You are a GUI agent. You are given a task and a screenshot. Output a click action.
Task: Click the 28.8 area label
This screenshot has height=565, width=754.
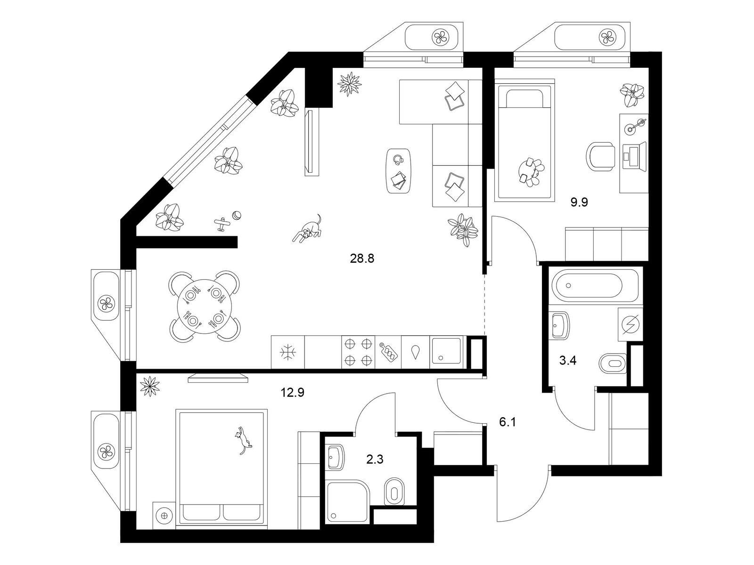pyautogui.click(x=362, y=258)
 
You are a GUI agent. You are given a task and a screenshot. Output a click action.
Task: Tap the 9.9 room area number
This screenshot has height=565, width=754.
pyautogui.click(x=579, y=202)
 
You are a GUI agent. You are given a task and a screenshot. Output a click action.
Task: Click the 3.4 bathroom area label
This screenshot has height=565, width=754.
pyautogui.click(x=568, y=361)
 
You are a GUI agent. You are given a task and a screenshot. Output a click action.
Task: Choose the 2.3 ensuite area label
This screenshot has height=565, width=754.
pyautogui.click(x=375, y=459)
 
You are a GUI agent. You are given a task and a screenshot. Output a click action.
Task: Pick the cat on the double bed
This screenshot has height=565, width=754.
pyautogui.click(x=243, y=441)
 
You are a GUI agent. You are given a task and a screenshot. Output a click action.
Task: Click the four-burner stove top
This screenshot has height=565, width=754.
pyautogui.click(x=358, y=352)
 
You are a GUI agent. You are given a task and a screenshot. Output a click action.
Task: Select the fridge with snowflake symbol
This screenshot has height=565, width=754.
pyautogui.click(x=288, y=352)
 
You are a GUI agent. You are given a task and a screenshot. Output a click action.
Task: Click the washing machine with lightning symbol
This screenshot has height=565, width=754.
pyautogui.click(x=631, y=324)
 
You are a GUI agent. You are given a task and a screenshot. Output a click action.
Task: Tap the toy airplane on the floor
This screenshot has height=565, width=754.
pyautogui.click(x=222, y=224)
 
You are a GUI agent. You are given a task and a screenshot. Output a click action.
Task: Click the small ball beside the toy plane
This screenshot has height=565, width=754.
pyautogui.click(x=237, y=216)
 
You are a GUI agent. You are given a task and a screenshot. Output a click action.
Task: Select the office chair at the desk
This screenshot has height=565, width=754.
pyautogui.click(x=601, y=156)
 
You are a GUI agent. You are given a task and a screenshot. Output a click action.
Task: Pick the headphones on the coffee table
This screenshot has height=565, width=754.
pyautogui.click(x=398, y=160)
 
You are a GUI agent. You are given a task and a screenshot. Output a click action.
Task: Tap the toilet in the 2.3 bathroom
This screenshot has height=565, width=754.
pyautogui.click(x=393, y=492)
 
